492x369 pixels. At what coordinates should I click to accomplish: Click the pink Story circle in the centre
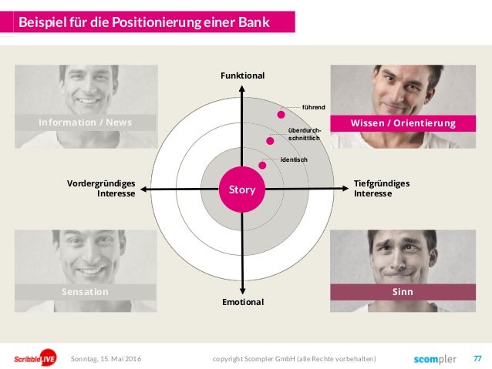[x=242, y=189]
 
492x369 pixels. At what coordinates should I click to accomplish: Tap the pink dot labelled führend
[x=281, y=114]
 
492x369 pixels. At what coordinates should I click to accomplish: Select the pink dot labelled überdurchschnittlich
[x=270, y=140]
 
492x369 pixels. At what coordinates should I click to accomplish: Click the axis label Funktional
[x=242, y=75]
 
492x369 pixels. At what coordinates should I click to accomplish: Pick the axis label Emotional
[x=242, y=302]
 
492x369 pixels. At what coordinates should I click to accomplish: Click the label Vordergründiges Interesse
[x=102, y=189]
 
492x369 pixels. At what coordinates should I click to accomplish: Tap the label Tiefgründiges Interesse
[x=381, y=189]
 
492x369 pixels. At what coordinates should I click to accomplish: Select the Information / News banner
[x=86, y=122]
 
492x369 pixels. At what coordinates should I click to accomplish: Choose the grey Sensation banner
[x=86, y=292]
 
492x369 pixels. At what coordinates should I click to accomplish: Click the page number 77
[x=477, y=358]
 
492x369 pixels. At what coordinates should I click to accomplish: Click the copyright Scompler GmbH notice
[x=294, y=358]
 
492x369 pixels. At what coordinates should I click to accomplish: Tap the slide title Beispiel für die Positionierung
[x=145, y=22]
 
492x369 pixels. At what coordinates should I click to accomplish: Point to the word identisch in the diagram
[x=294, y=159]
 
